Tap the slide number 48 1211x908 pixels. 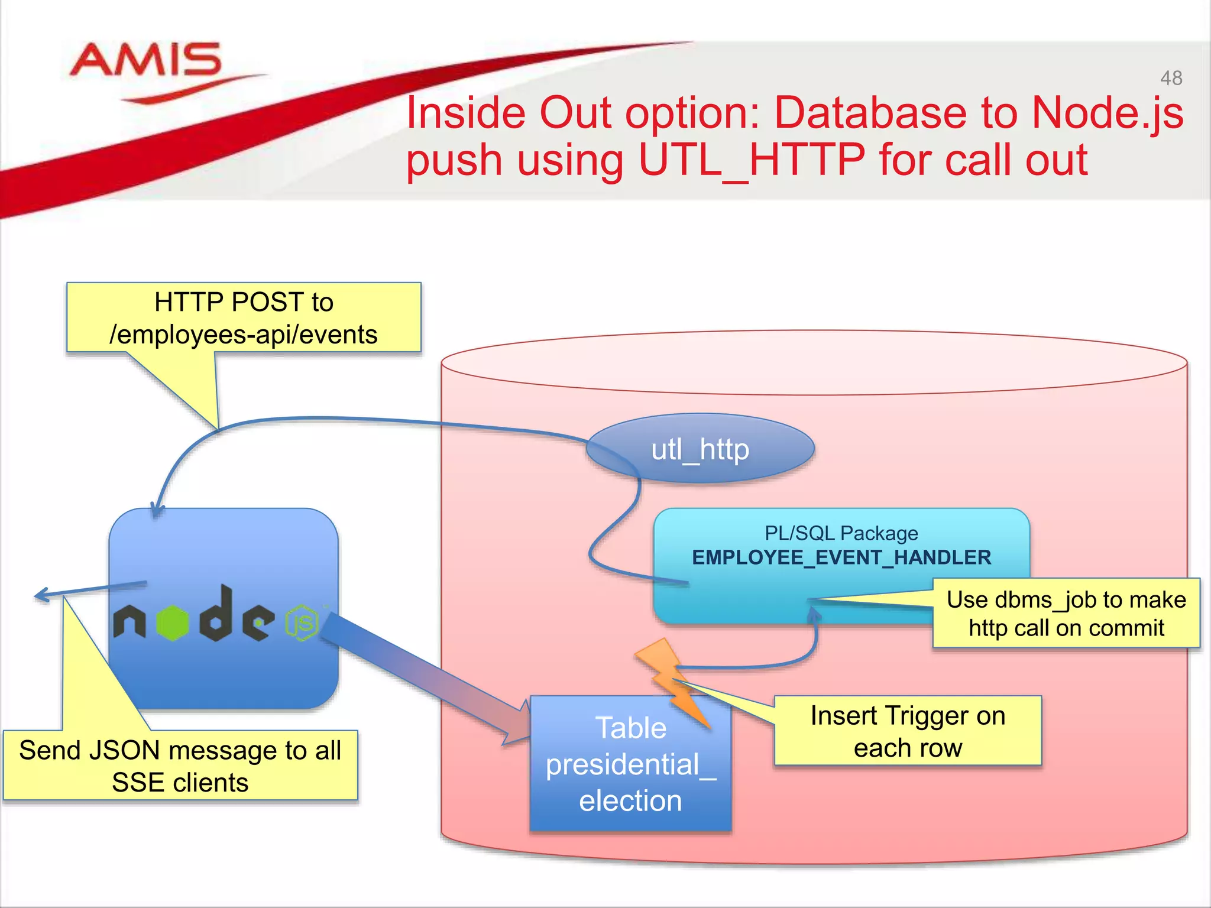[x=1171, y=78]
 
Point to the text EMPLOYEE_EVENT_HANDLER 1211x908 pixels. [x=841, y=557]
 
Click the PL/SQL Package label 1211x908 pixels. [x=841, y=533]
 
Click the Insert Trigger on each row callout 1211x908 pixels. [x=908, y=731]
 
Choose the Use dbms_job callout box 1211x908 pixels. [x=1066, y=614]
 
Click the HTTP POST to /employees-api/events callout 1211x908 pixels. [x=244, y=318]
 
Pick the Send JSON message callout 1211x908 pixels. [x=180, y=766]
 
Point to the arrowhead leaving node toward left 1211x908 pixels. [x=41, y=595]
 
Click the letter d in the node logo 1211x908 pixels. [x=216, y=615]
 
